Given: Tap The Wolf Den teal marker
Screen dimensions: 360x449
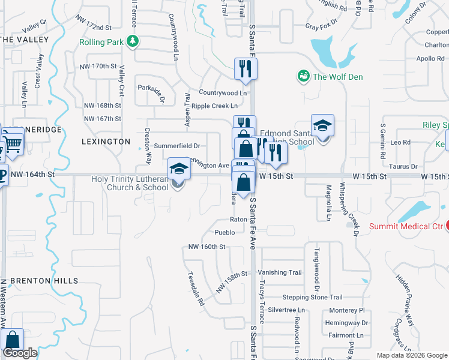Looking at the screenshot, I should pyautogui.click(x=304, y=76).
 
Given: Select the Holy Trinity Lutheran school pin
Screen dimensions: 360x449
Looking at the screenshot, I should pyautogui.click(x=178, y=169).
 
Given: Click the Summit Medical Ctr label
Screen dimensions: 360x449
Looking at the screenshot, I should pyautogui.click(x=405, y=226).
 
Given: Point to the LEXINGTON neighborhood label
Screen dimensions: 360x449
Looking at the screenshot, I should pyautogui.click(x=106, y=142).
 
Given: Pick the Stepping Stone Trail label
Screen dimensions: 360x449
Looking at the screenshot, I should pyautogui.click(x=312, y=297).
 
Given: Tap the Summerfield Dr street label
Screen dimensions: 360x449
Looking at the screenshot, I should pyautogui.click(x=176, y=146).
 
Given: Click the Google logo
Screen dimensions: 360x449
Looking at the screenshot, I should pyautogui.click(x=20, y=353).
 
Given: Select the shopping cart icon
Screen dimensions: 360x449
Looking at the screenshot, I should pyautogui.click(x=13, y=143).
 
